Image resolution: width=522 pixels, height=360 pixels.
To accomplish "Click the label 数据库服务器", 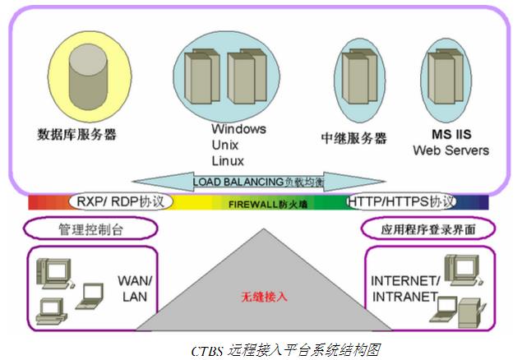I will click(76, 134).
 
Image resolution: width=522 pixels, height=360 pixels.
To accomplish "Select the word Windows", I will click(238, 129).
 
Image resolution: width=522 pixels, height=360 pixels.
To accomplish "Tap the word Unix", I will click(224, 145).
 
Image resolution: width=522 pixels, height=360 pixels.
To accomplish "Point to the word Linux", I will click(228, 160).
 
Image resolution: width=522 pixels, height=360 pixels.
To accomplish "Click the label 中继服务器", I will click(353, 138).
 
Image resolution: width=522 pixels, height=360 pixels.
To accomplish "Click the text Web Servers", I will click(450, 150).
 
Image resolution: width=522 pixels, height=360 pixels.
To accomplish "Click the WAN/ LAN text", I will click(135, 288).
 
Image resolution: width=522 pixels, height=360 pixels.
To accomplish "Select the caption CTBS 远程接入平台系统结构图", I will click(259, 348).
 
